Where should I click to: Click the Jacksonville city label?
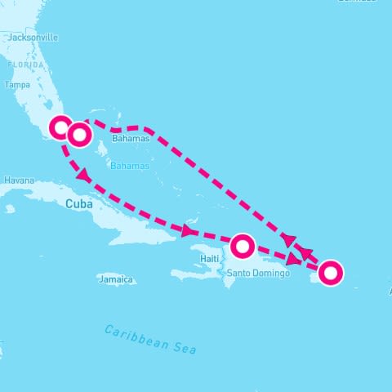tap(33, 38)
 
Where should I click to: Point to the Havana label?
tap(18, 180)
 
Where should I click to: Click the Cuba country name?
tap(78, 205)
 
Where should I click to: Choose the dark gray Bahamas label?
tap(131, 140)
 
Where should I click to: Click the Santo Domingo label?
tap(258, 273)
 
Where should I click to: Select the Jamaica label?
tap(115, 279)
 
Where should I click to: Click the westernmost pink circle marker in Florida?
tap(61, 127)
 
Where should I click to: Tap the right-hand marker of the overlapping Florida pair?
tap(79, 135)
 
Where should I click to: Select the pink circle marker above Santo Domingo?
tap(243, 245)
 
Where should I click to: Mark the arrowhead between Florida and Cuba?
tap(84, 176)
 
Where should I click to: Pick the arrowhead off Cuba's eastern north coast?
tap(189, 232)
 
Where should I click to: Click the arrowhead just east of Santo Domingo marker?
tap(292, 259)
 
